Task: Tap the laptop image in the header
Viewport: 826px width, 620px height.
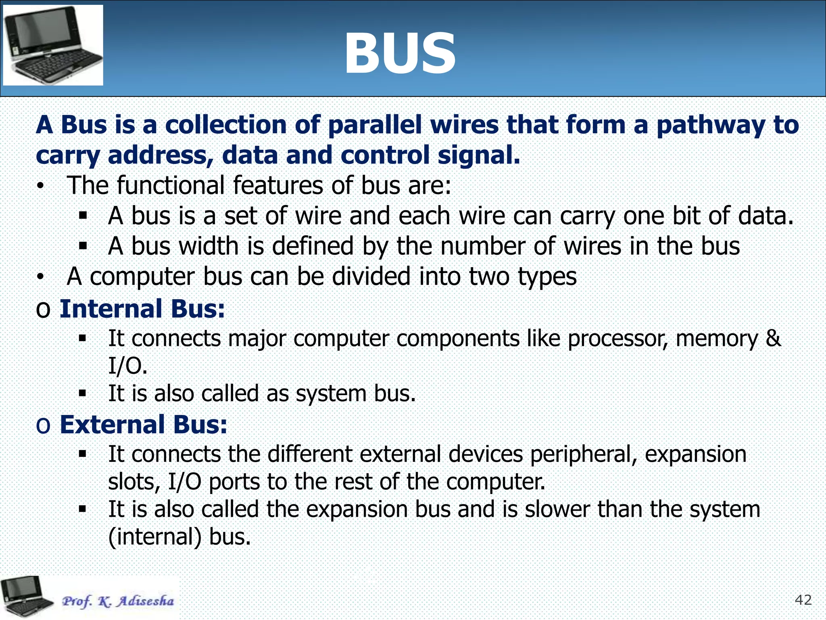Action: (53, 45)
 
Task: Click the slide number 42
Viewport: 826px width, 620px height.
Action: (803, 600)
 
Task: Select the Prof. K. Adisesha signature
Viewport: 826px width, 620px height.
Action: (118, 601)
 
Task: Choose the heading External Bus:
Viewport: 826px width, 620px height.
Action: (144, 425)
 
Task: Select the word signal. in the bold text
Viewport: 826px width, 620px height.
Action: (479, 155)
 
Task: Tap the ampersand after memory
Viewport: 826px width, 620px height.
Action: (773, 338)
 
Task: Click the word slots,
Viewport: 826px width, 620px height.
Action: (134, 482)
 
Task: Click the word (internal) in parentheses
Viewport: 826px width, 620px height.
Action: (155, 537)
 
